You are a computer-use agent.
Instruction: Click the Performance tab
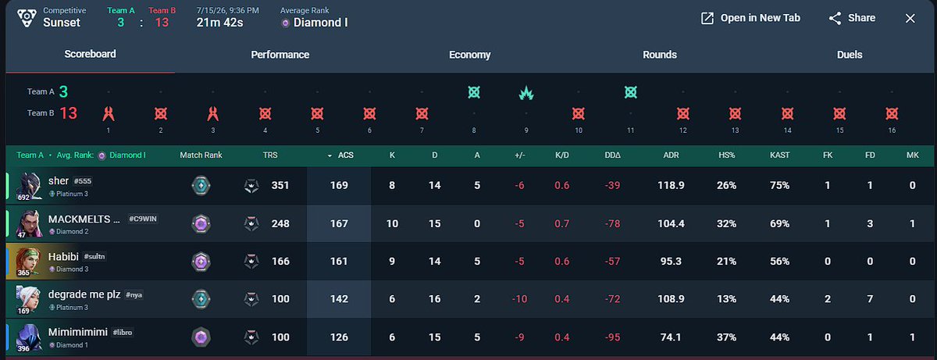(x=280, y=55)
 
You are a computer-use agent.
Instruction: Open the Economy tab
(x=470, y=55)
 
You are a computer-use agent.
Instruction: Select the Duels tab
(x=850, y=55)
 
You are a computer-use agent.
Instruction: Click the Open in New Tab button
(x=750, y=18)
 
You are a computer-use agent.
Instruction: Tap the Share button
(x=852, y=18)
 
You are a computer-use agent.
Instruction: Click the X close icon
(x=910, y=19)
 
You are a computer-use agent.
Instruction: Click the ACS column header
(x=345, y=155)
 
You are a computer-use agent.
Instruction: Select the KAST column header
(x=780, y=155)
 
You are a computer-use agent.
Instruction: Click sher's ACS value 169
(x=339, y=185)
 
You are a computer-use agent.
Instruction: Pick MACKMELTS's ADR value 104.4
(x=671, y=223)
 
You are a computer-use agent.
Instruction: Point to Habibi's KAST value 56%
(x=780, y=262)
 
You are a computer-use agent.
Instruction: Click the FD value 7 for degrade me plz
(x=870, y=299)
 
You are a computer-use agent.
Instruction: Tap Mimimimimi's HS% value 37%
(x=727, y=337)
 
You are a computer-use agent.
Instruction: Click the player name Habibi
(x=63, y=256)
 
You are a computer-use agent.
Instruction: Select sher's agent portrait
(x=28, y=186)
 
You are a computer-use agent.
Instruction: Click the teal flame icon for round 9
(x=526, y=92)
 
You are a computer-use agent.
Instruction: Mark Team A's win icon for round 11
(x=630, y=92)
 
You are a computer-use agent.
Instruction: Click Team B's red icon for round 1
(x=109, y=113)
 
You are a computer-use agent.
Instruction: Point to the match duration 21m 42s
(x=219, y=23)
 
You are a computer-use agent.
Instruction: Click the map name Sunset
(x=62, y=23)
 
